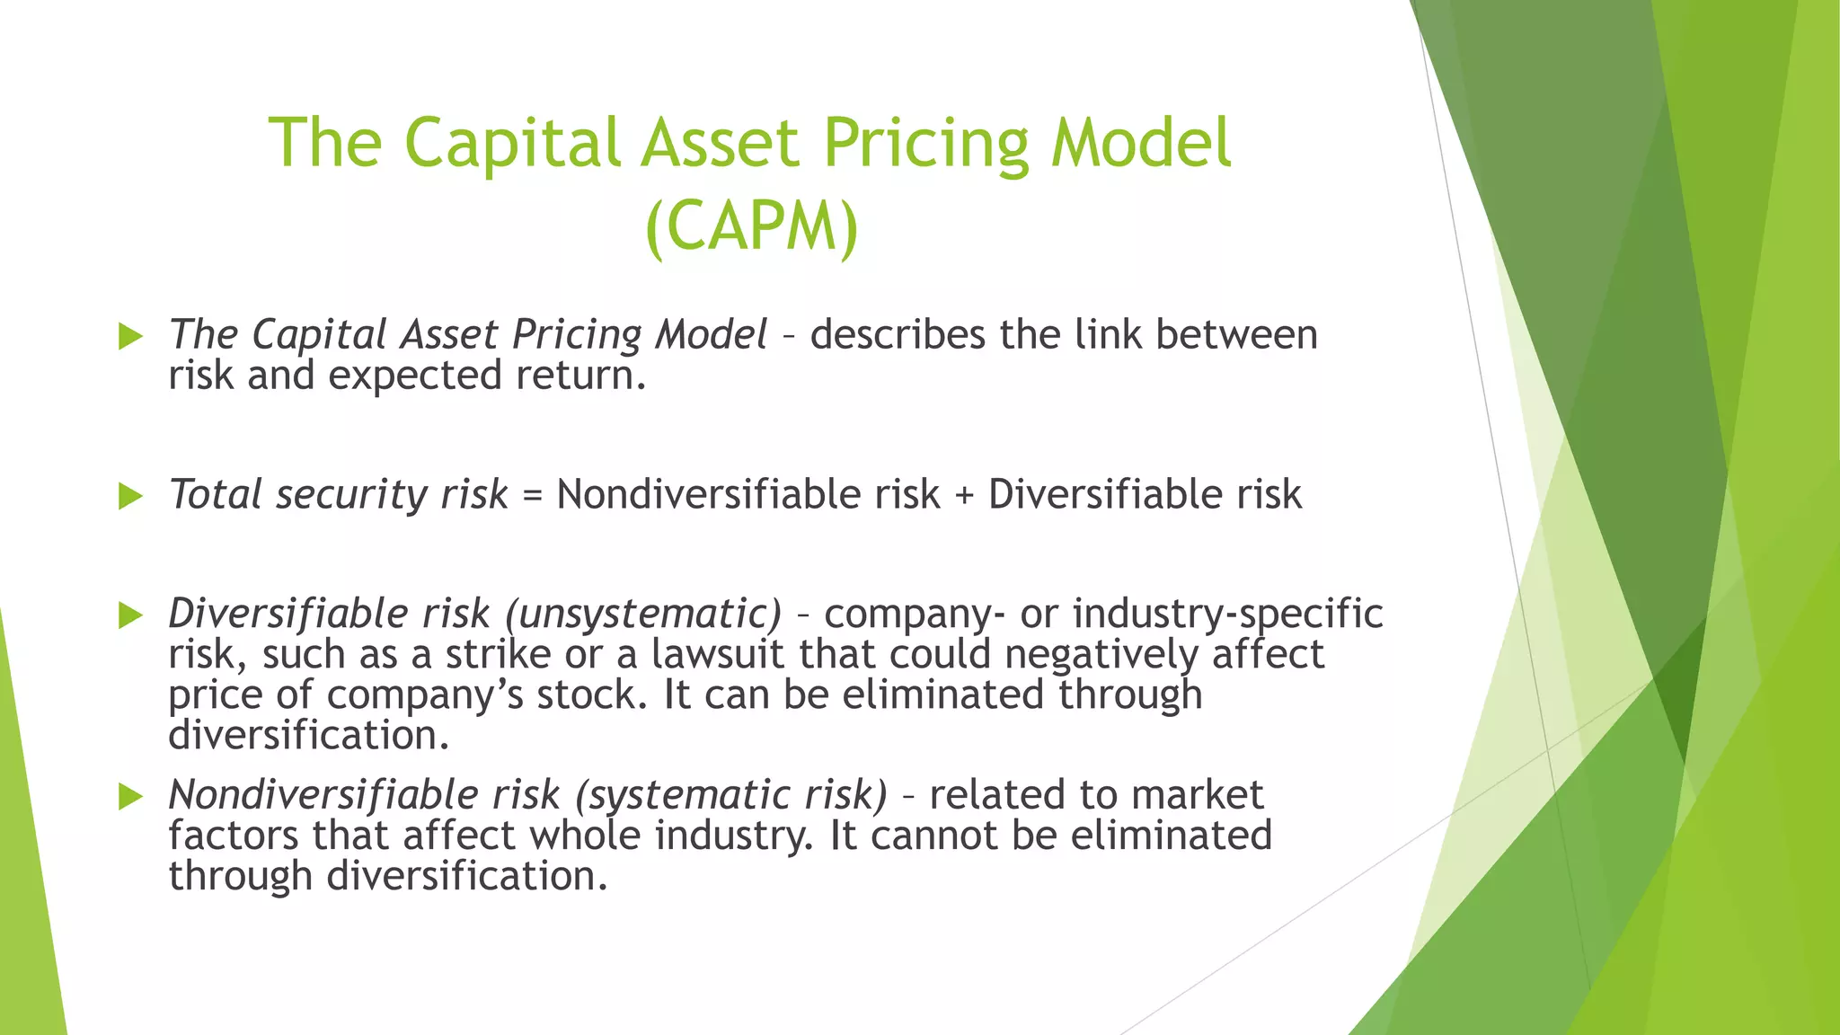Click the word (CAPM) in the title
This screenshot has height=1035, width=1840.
click(x=752, y=226)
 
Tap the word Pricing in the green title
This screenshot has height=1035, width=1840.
click(x=925, y=144)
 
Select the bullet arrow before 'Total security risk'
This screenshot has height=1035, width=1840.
click(x=131, y=496)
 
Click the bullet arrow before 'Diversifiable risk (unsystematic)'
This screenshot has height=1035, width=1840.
click(x=131, y=615)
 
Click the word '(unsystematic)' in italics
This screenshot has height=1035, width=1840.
click(x=643, y=615)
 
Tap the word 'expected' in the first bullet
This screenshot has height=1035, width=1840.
click(x=414, y=376)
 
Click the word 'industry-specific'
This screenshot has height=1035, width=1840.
click(x=1227, y=615)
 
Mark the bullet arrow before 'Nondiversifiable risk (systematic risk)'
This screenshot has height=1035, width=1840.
click(x=131, y=797)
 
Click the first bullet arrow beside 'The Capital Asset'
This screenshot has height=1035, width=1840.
click(x=131, y=337)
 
